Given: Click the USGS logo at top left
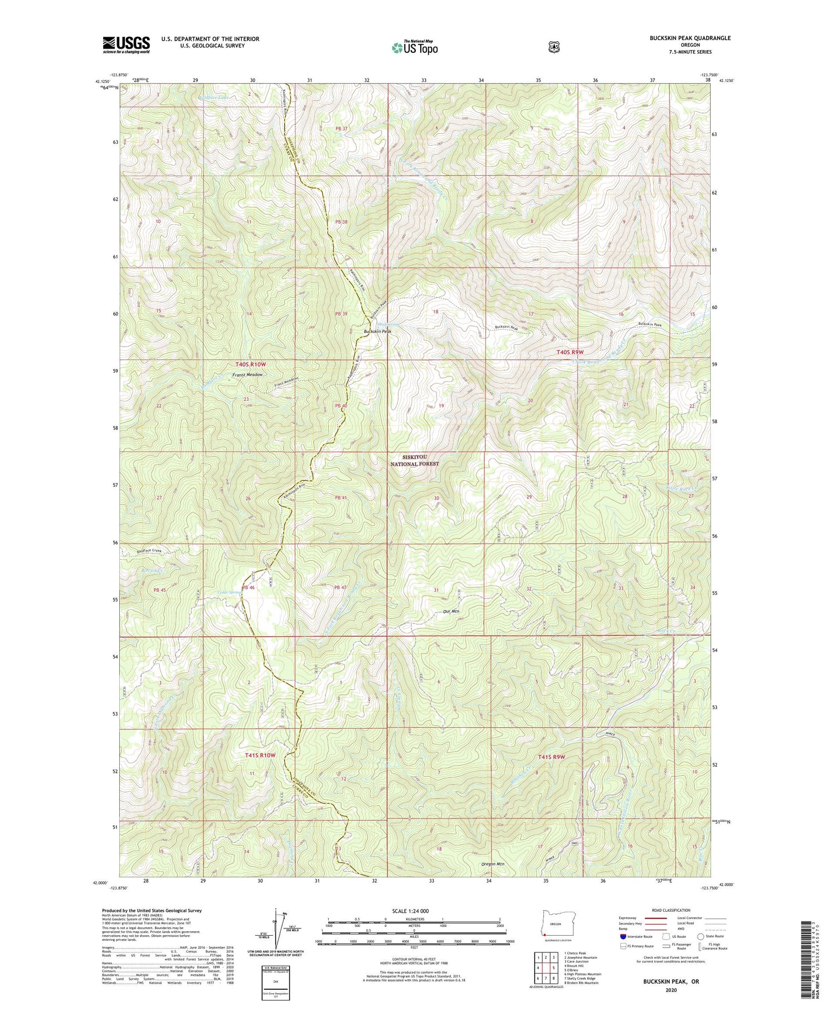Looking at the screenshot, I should pyautogui.click(x=127, y=45).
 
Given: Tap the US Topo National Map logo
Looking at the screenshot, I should pyautogui.click(x=415, y=47).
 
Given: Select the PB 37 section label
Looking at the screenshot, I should pyautogui.click(x=341, y=129).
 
